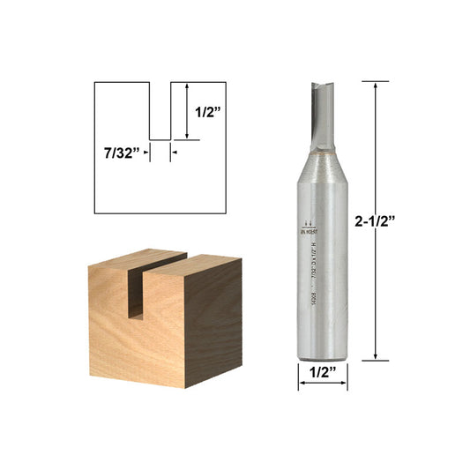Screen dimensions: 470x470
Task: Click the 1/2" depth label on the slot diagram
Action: point(208,112)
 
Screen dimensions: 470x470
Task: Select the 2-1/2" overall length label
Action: point(411,221)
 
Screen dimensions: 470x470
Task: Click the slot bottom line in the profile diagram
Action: point(160,139)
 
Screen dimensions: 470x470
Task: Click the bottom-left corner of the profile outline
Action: point(94,213)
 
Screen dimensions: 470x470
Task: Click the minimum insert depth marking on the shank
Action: point(308,225)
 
